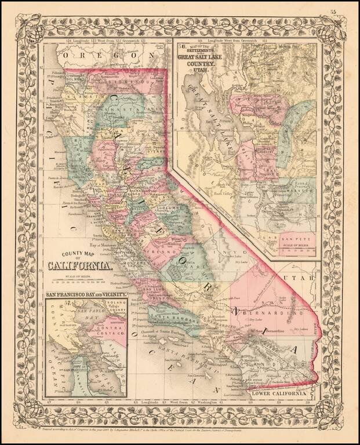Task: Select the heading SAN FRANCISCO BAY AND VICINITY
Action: [x=86, y=294]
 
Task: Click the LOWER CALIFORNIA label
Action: [x=278, y=393]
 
